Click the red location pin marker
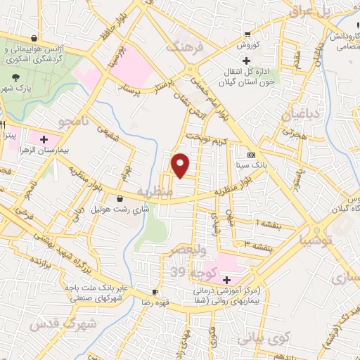pyautogui.click(x=181, y=165)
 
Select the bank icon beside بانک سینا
pyautogui.click(x=252, y=155)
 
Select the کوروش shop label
pyautogui.click(x=247, y=44)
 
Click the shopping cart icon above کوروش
pyautogui.click(x=247, y=34)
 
